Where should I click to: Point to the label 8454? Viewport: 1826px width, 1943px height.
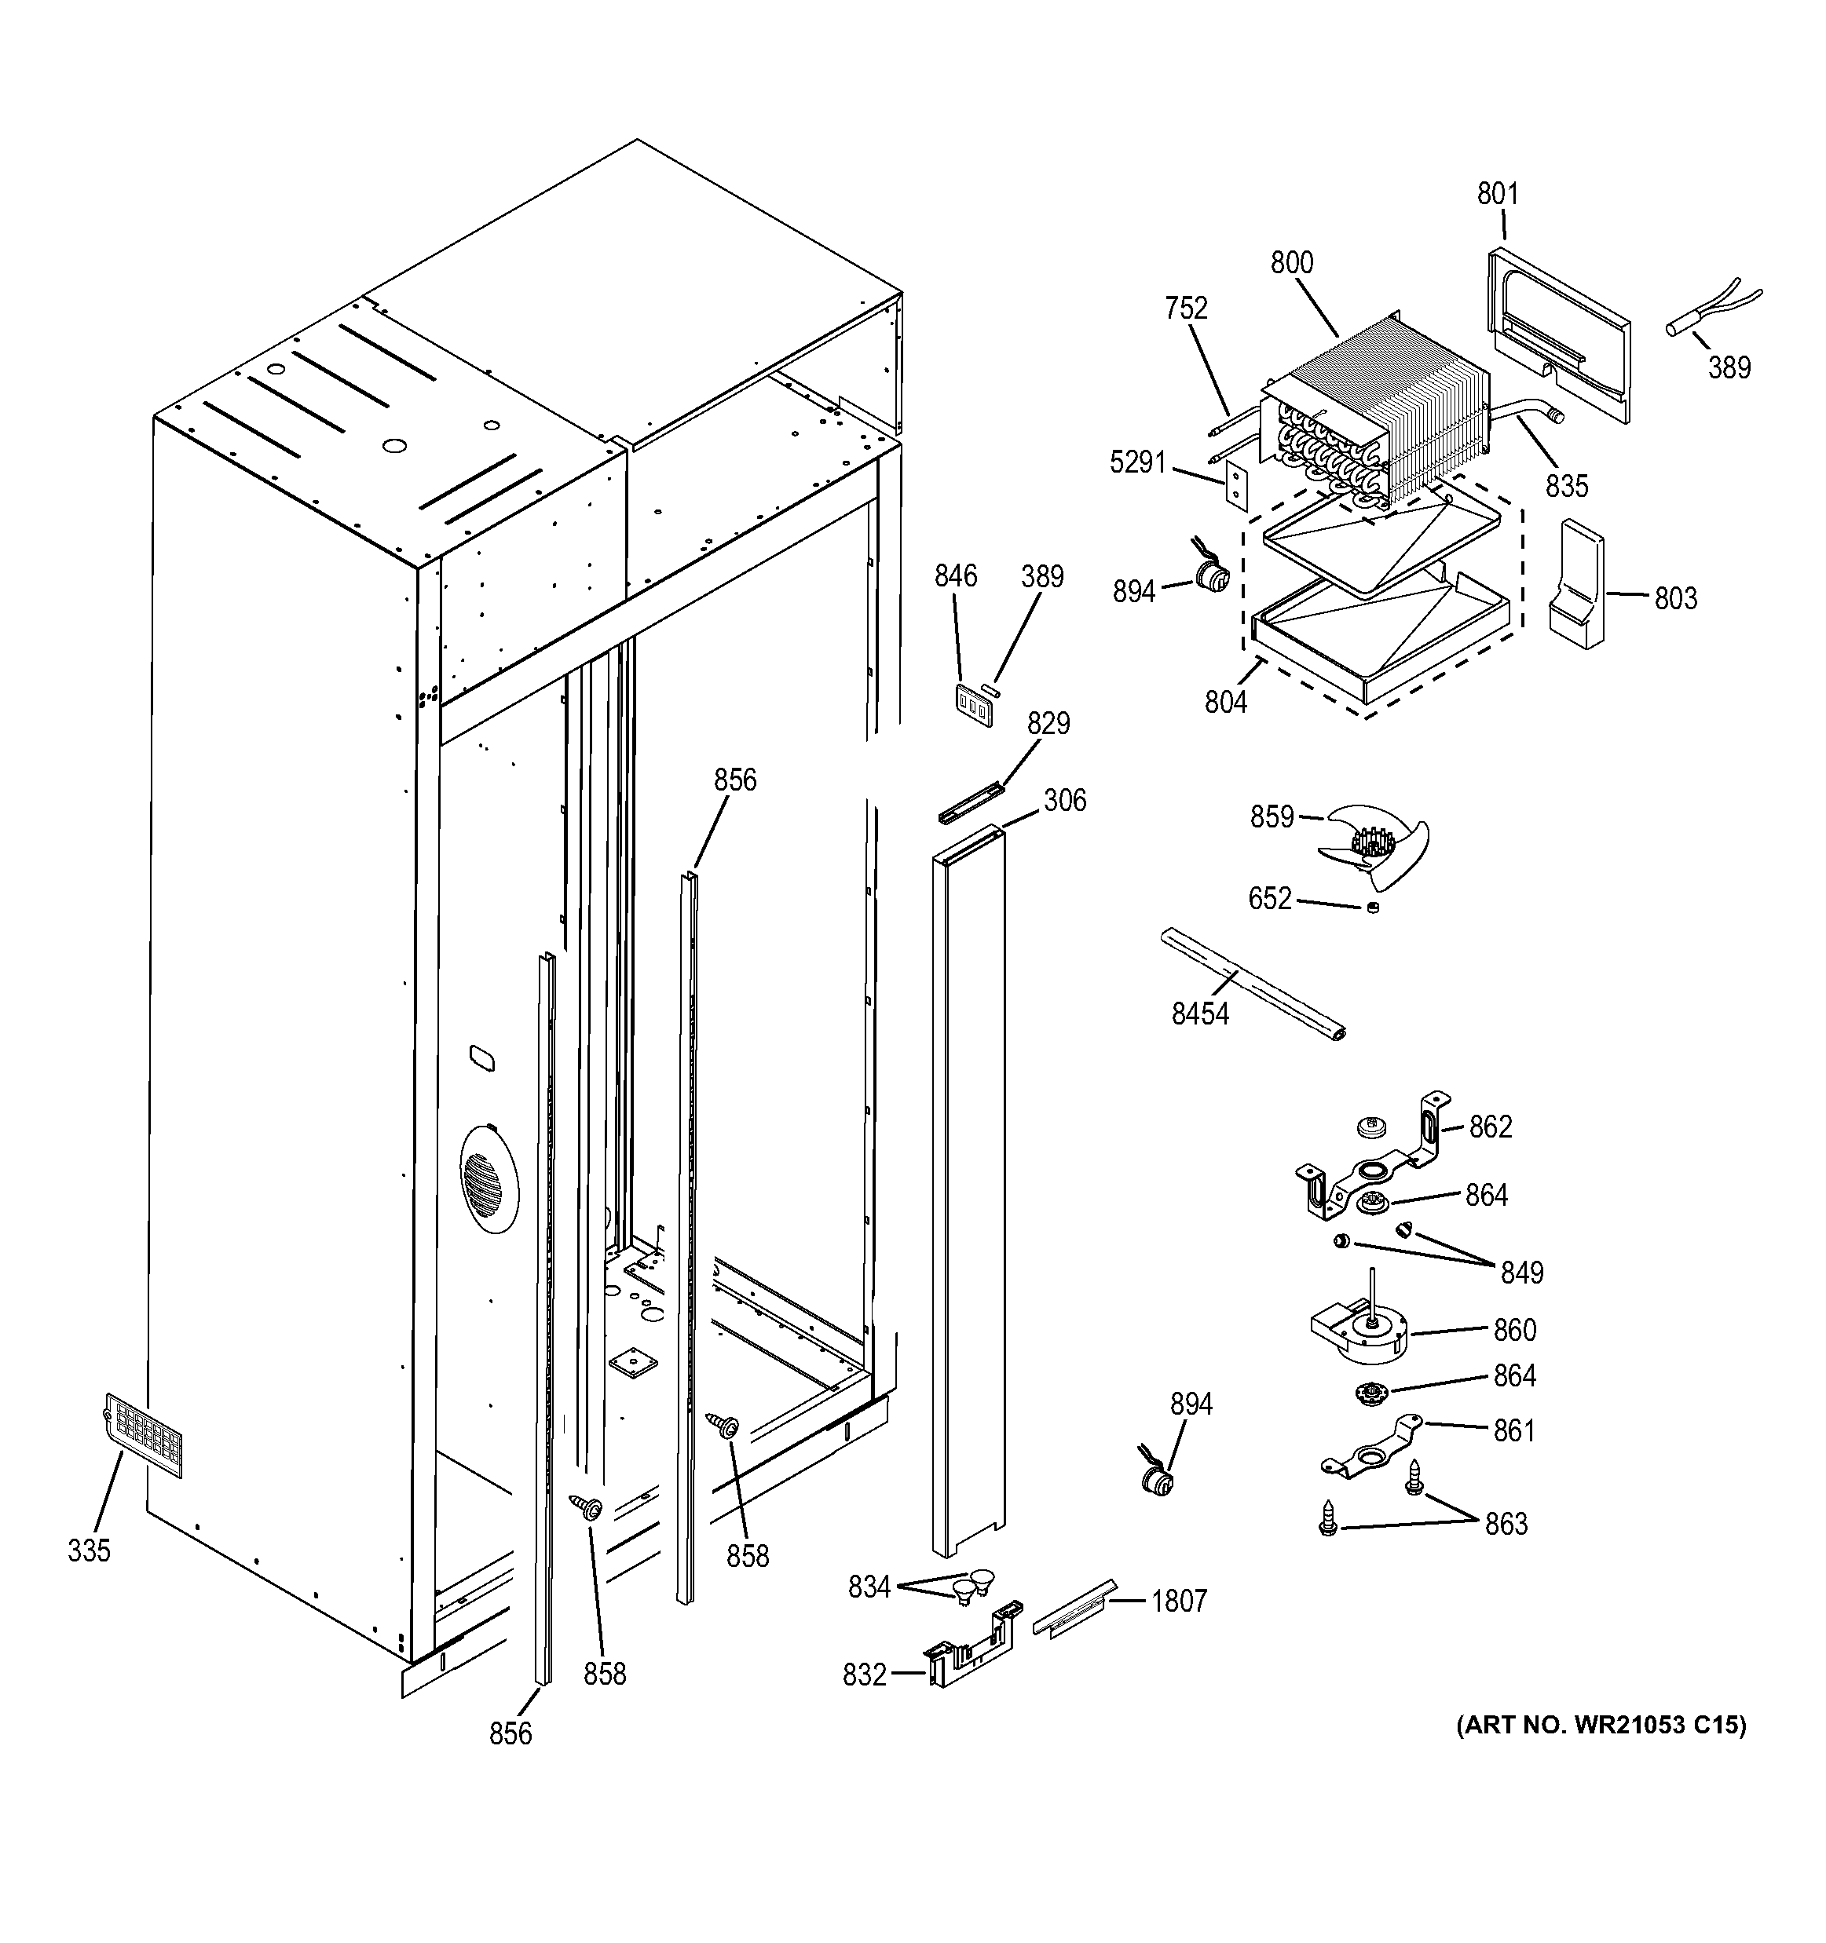point(1200,1014)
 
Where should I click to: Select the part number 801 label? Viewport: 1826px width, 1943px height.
point(1498,194)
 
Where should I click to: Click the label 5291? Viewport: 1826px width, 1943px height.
point(1138,462)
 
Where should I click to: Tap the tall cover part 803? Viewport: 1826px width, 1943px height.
point(1575,584)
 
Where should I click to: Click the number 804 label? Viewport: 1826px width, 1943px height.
point(1226,702)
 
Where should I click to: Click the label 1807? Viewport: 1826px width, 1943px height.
point(1179,1601)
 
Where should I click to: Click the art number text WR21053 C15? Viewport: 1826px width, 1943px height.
point(1601,1725)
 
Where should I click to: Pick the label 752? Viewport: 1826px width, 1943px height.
point(1186,308)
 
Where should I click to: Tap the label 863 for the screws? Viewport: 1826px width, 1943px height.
point(1506,1524)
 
